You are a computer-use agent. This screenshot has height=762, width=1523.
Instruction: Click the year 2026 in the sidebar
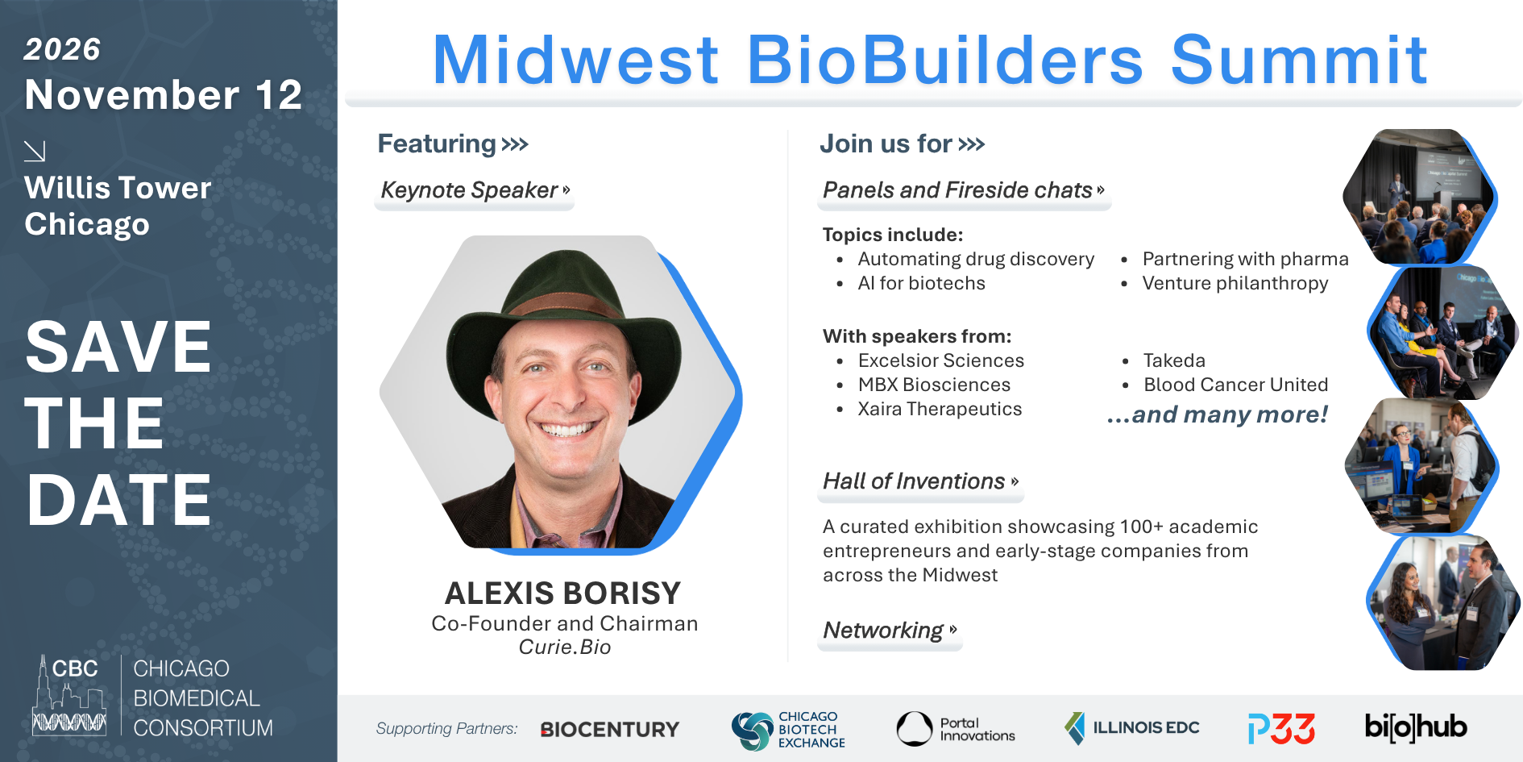(62, 49)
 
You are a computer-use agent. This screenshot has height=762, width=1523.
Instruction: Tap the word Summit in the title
(1299, 60)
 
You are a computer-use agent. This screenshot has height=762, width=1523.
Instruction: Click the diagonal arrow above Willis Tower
(35, 151)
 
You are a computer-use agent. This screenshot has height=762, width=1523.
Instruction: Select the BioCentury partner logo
(610, 729)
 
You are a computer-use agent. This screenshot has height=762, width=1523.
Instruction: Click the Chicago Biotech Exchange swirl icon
(752, 731)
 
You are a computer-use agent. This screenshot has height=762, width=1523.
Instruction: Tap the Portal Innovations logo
(956, 729)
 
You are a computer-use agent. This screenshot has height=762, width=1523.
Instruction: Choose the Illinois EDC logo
(1131, 727)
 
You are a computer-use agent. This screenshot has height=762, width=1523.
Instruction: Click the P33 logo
(1281, 728)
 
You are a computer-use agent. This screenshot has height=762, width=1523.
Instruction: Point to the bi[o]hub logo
(1416, 727)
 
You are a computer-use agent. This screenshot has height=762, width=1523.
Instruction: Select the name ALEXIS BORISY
(563, 593)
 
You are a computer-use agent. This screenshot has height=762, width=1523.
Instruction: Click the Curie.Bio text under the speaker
(565, 647)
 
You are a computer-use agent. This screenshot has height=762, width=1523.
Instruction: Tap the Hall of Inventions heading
(914, 481)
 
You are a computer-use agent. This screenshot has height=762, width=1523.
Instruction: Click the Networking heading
(883, 631)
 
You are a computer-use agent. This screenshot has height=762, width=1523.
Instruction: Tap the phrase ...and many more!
(1217, 414)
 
